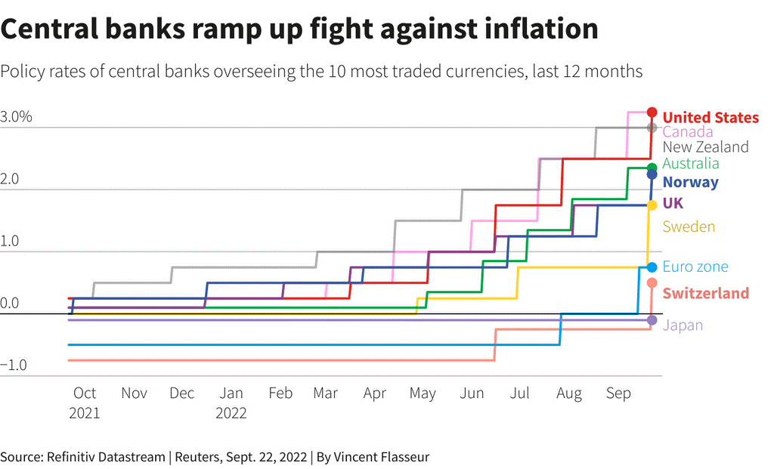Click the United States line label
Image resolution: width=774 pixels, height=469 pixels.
coord(711,117)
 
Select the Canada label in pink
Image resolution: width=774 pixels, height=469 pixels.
coord(687,132)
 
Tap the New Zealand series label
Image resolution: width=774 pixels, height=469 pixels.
coord(705,147)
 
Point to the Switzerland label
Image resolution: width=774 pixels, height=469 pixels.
coord(706,293)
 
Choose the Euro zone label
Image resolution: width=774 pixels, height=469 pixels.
coord(695,267)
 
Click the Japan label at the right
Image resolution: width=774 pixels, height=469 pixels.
coord(683,326)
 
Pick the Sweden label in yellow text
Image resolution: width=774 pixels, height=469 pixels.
coord(689,227)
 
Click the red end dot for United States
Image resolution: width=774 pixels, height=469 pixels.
coord(652,113)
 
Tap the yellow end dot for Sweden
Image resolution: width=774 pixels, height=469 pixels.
coord(652,205)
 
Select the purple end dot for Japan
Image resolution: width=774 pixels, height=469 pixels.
coord(652,321)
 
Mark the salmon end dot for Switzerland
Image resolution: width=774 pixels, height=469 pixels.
coord(652,283)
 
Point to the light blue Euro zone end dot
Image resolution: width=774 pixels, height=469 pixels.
coord(652,267)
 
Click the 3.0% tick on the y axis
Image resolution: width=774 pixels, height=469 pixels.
coord(17,117)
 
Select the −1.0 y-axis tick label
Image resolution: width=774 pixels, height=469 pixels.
coord(15,366)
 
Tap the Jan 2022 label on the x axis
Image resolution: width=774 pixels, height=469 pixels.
coord(231,403)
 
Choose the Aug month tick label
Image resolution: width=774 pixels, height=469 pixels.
coord(569,393)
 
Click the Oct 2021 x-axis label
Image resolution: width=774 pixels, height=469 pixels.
coord(84,403)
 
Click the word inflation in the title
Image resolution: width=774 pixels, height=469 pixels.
coord(526,29)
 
